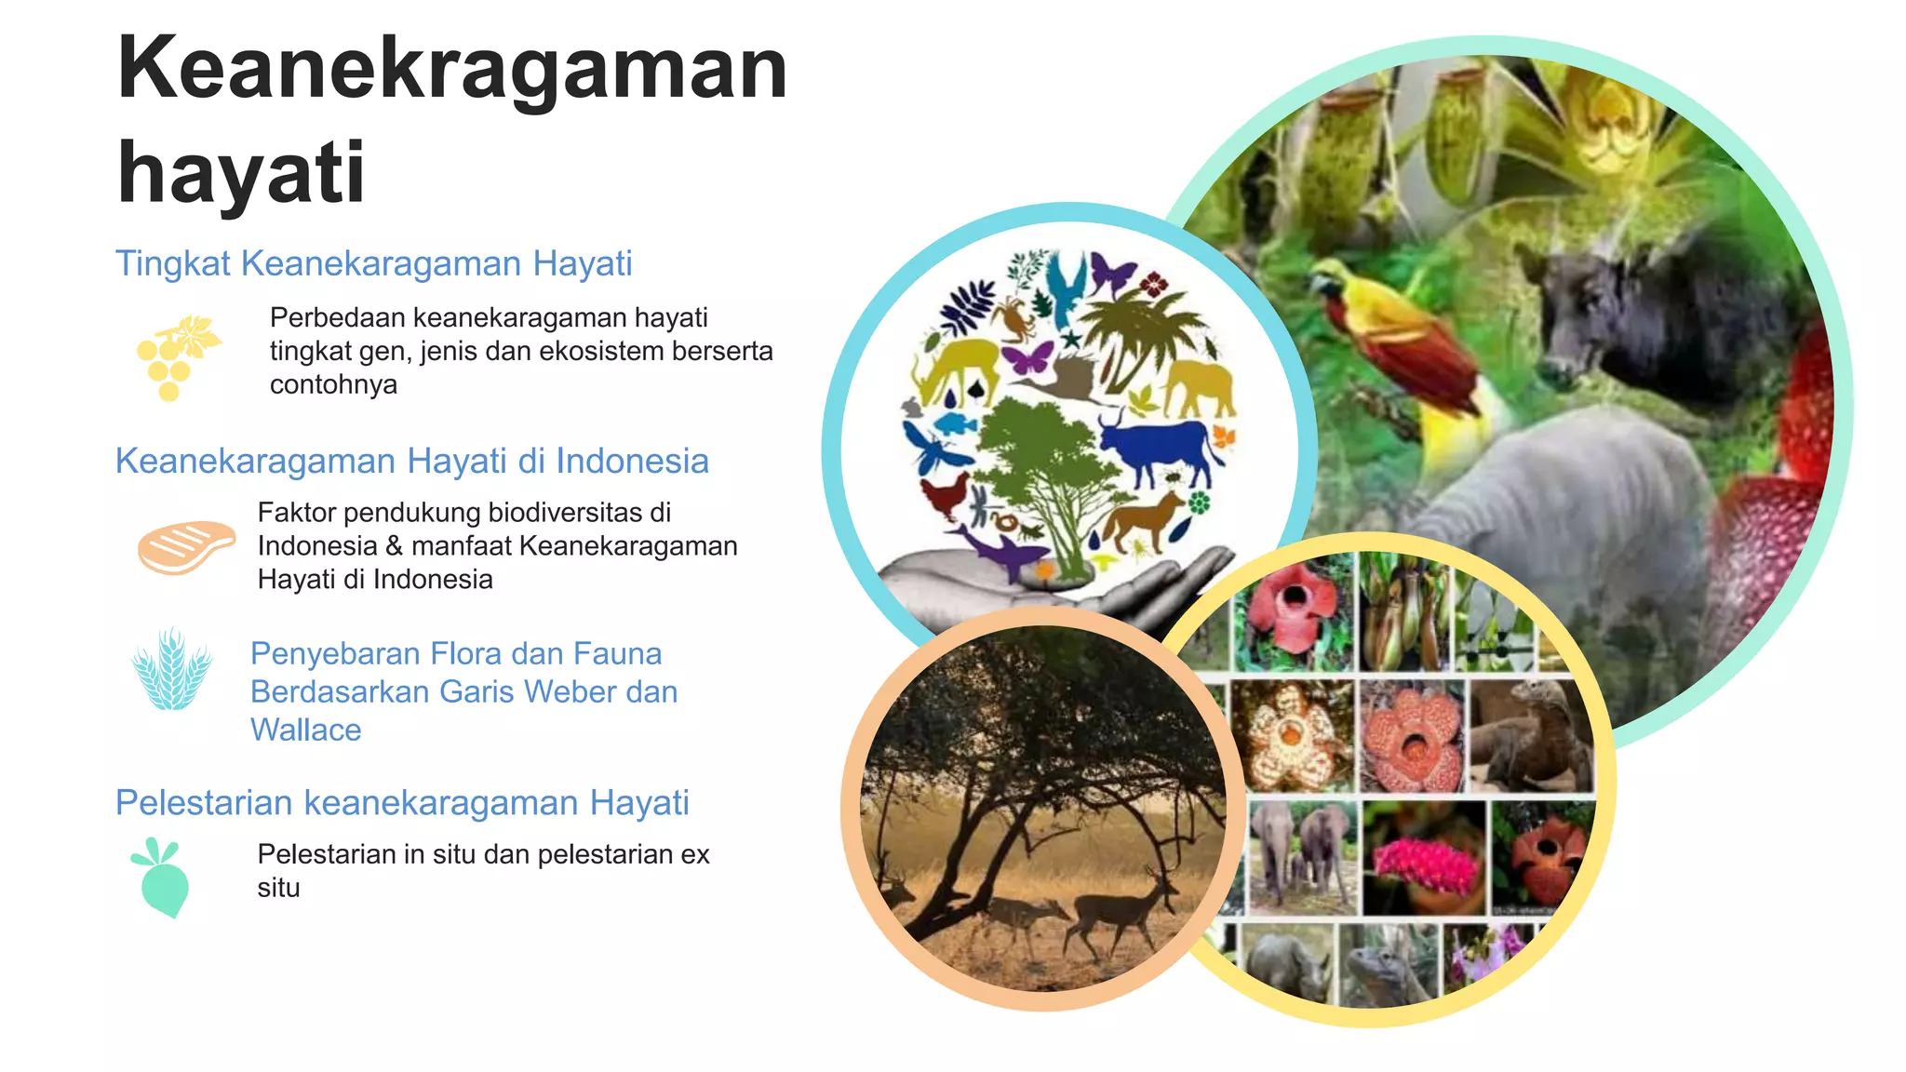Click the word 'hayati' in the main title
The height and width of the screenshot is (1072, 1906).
(x=241, y=173)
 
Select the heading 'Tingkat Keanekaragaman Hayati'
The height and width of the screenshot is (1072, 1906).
(x=373, y=263)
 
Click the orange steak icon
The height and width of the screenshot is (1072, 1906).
(x=186, y=546)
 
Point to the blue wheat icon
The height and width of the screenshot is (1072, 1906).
(x=172, y=670)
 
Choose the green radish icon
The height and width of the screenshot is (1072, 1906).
(x=162, y=878)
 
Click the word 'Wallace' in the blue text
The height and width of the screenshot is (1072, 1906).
(x=305, y=730)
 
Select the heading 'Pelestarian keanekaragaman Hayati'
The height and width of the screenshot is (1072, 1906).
(x=401, y=802)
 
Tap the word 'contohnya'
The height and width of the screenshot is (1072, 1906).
(x=333, y=384)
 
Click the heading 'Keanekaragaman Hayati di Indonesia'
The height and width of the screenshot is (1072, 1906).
(x=411, y=461)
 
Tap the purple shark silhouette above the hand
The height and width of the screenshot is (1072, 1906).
(x=1000, y=551)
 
